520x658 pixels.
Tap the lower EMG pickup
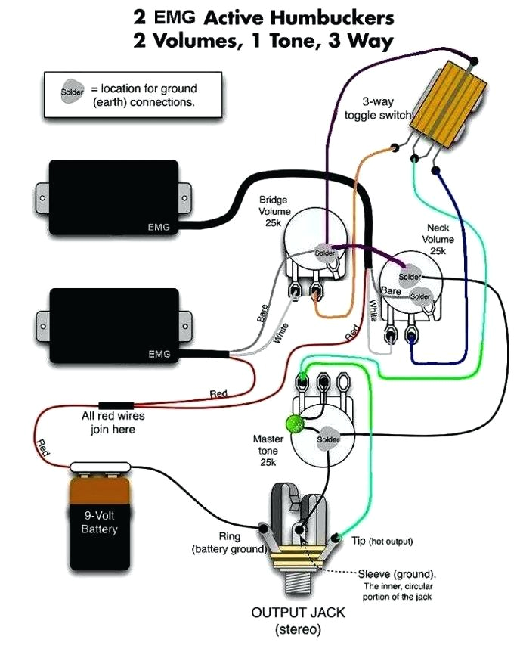click(113, 326)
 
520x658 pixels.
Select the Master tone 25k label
click(268, 450)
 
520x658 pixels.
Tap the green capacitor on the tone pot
click(293, 425)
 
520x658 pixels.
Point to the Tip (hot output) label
click(391, 542)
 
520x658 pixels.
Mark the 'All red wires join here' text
click(113, 423)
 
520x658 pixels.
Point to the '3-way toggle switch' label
click(376, 109)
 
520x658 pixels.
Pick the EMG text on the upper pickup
click(159, 225)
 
